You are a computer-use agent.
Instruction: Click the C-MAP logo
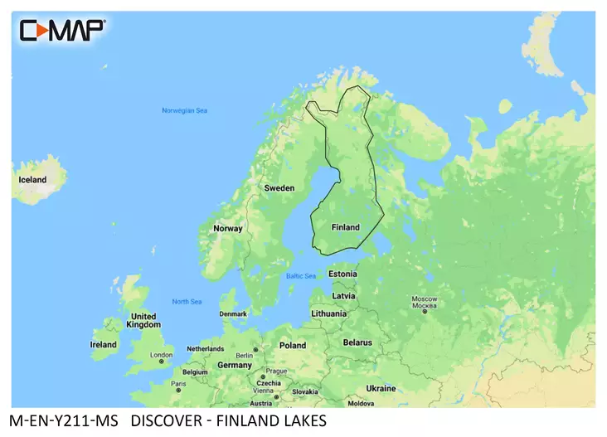click(x=62, y=30)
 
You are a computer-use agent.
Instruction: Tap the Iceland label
click(x=33, y=180)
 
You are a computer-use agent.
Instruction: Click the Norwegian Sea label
click(x=184, y=110)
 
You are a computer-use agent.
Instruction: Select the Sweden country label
click(x=279, y=188)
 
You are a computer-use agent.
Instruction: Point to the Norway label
click(x=228, y=228)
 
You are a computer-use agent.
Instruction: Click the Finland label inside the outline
click(x=345, y=227)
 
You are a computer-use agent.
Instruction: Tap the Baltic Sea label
click(x=300, y=276)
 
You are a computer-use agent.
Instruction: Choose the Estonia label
click(x=342, y=274)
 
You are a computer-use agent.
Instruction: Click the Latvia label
click(x=343, y=295)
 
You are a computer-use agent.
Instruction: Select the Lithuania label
click(x=329, y=314)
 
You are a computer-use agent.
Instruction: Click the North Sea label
click(x=187, y=301)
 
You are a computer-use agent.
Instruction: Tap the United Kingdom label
click(x=143, y=321)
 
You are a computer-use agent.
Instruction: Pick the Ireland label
click(x=104, y=344)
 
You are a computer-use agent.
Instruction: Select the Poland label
click(x=293, y=345)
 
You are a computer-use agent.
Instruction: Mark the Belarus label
click(x=358, y=342)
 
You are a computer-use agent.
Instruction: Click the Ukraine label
click(x=381, y=387)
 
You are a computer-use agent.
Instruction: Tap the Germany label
click(x=235, y=365)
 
